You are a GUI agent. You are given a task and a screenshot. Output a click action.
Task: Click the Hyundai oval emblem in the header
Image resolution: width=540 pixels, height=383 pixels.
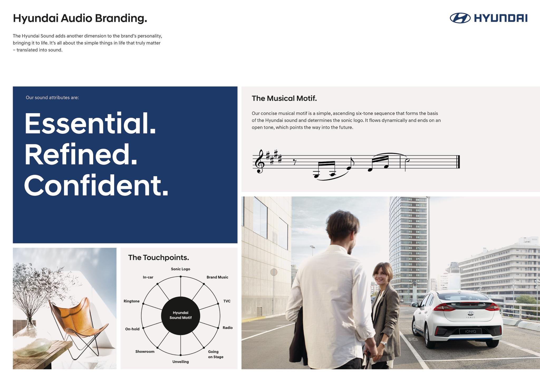pyautogui.click(x=460, y=18)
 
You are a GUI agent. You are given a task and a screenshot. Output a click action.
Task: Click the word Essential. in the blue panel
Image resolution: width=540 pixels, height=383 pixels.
pyautogui.click(x=90, y=123)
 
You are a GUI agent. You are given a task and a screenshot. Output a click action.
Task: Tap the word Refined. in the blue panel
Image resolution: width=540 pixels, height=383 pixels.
pyautogui.click(x=81, y=155)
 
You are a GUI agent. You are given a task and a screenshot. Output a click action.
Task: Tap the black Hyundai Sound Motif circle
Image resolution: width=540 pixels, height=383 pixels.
pyautogui.click(x=181, y=315)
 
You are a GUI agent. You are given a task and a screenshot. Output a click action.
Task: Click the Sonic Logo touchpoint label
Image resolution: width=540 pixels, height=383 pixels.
pyautogui.click(x=181, y=269)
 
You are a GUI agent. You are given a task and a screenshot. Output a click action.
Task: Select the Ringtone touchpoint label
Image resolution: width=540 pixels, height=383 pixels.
pyautogui.click(x=132, y=301)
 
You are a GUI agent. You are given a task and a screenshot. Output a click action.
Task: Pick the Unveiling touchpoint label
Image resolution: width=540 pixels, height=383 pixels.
pyautogui.click(x=181, y=362)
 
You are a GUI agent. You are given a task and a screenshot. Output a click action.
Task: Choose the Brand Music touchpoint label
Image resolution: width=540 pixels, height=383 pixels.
pyautogui.click(x=217, y=277)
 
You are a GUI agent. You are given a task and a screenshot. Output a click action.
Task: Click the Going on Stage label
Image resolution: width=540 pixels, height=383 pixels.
pyautogui.click(x=215, y=354)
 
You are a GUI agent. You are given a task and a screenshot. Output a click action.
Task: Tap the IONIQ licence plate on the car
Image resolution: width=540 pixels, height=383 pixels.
pyautogui.click(x=470, y=331)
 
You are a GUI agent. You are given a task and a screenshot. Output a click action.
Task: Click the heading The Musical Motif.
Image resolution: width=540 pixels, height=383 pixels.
pyautogui.click(x=284, y=98)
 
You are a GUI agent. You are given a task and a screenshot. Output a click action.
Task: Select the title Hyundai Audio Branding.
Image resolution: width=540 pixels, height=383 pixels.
pyautogui.click(x=80, y=18)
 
